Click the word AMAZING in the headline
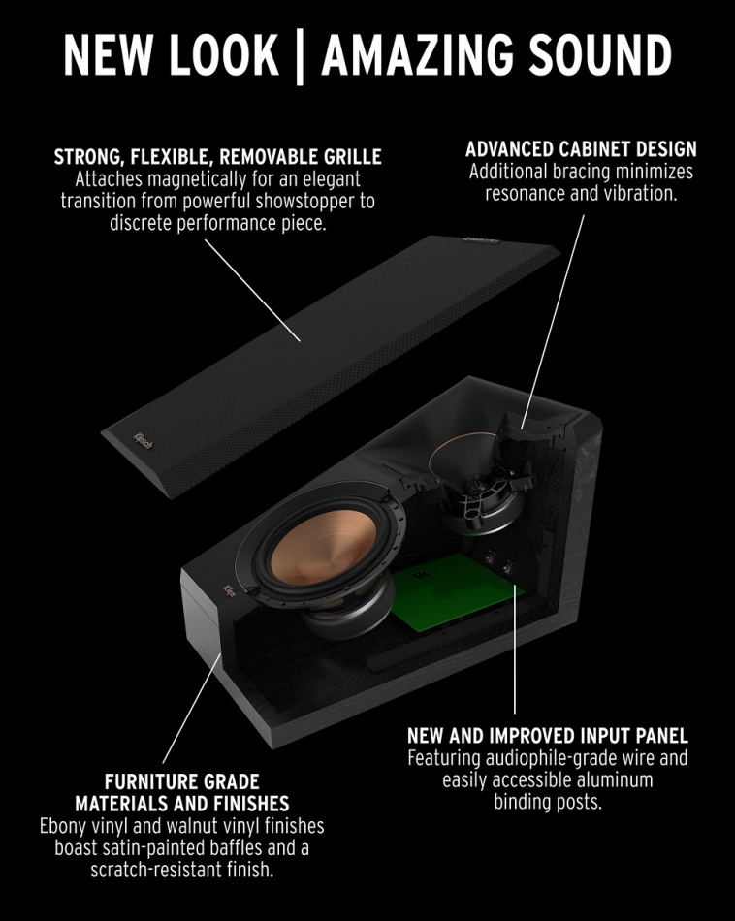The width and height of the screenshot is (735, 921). (426, 57)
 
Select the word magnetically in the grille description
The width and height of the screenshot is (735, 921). (188, 179)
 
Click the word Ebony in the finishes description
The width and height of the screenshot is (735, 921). (64, 826)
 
